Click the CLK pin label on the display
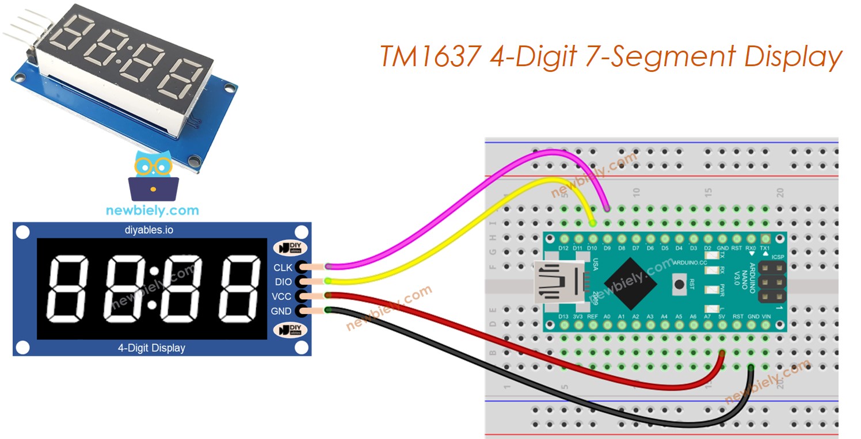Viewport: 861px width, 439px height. pos(283,268)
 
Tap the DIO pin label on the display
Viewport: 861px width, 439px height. pos(283,282)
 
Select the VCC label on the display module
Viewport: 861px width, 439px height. pos(283,296)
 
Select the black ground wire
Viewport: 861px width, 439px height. pos(518,391)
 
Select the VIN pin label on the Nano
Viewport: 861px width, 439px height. pos(765,316)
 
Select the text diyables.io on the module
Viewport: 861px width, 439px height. pos(152,230)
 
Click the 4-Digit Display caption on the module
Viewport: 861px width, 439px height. pos(152,348)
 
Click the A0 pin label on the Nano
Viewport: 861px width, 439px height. pos(607,316)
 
